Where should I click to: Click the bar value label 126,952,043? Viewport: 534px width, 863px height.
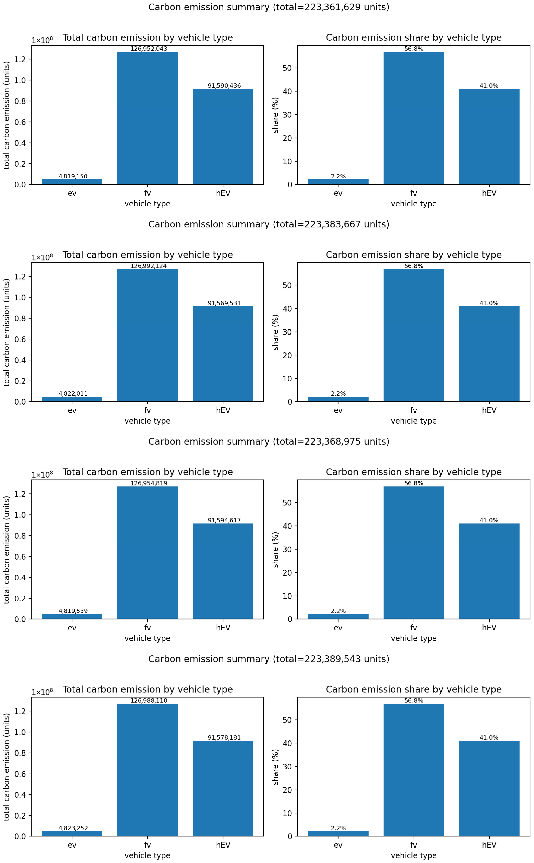click(149, 49)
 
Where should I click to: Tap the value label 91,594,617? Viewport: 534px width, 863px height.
click(224, 520)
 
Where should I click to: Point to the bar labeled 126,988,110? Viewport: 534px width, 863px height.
click(148, 770)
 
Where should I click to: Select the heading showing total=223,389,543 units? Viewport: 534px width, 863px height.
click(269, 659)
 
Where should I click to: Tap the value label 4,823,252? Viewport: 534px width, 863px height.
click(73, 828)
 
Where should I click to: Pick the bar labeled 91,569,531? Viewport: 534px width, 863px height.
click(223, 354)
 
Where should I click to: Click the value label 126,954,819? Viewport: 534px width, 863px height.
click(149, 483)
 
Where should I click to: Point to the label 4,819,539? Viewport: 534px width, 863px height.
click(73, 611)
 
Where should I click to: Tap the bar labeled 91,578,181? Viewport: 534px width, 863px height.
click(223, 788)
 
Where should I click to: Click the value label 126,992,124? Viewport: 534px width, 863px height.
click(149, 266)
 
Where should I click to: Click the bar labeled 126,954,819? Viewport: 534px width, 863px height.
click(148, 553)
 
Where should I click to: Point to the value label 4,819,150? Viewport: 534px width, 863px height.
click(73, 176)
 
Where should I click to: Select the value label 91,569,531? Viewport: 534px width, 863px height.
click(224, 303)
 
